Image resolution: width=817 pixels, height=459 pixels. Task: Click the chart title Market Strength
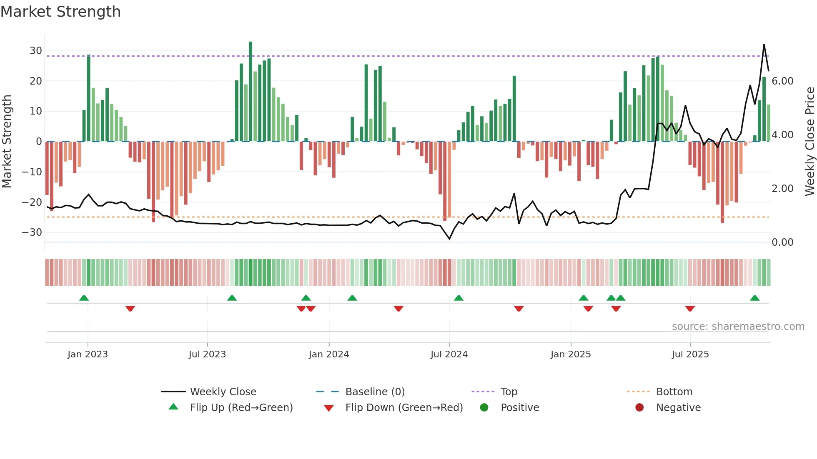tap(60, 12)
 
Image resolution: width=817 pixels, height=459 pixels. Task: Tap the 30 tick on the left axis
tap(35, 51)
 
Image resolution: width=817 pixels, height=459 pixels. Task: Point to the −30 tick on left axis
tap(33, 232)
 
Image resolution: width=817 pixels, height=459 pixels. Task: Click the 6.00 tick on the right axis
tap(782, 81)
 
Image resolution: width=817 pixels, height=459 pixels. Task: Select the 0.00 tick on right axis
tap(782, 242)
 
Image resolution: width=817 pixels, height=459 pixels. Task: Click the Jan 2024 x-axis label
tap(328, 354)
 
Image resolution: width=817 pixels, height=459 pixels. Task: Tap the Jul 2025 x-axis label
tap(690, 354)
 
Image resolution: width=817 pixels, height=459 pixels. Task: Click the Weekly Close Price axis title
tap(809, 141)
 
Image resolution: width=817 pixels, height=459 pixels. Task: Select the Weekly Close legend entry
tap(223, 392)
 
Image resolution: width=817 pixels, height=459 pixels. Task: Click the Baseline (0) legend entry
tap(375, 392)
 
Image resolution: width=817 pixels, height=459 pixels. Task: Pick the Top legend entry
tap(509, 392)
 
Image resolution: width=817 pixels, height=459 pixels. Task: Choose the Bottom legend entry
tap(674, 392)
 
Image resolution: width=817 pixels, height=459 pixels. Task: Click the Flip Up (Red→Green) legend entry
tap(241, 408)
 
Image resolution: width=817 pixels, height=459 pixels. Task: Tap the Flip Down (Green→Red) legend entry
tap(404, 408)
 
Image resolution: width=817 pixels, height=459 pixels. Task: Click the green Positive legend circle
tap(484, 407)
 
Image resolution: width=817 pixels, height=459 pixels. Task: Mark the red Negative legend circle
tap(639, 407)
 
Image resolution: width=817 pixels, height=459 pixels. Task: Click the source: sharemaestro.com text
tap(738, 327)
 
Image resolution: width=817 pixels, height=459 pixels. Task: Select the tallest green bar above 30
tap(251, 92)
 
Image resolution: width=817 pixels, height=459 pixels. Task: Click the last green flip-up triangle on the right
tap(754, 298)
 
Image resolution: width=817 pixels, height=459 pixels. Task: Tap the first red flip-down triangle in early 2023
tap(130, 309)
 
